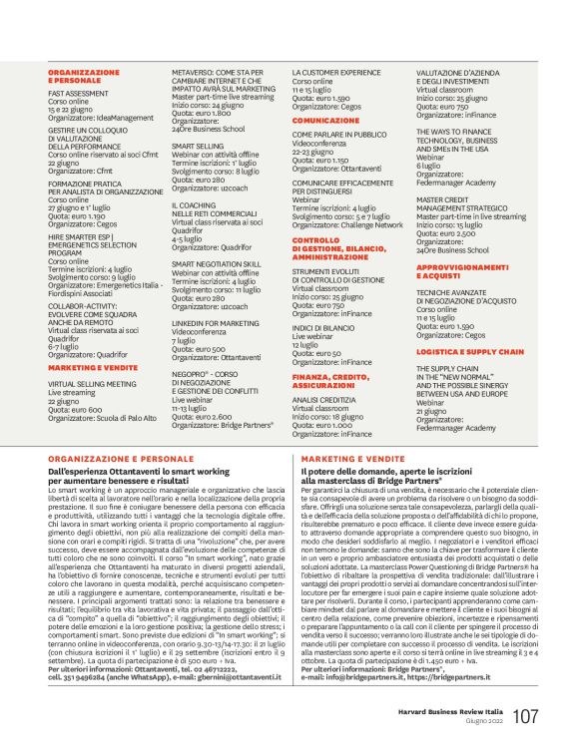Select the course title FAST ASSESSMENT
coord(80,92)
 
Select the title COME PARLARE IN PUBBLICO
coord(339,133)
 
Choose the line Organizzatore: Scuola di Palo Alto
coord(107,410)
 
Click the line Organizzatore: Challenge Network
coord(347,225)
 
